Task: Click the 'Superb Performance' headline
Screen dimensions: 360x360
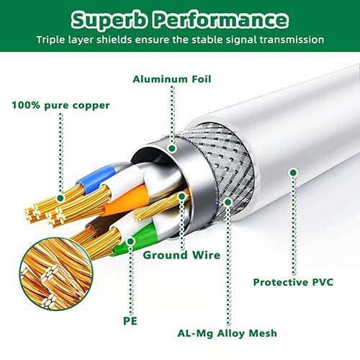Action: pos(180,19)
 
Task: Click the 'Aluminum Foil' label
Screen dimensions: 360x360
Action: pos(172,79)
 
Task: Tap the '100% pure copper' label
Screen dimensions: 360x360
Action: pos(60,106)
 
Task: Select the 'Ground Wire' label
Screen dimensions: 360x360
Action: pos(181,255)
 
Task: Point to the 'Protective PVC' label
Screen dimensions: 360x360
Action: pos(293,282)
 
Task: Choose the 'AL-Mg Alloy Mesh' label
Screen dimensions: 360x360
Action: pos(227,333)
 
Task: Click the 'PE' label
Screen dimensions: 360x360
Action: pos(130,321)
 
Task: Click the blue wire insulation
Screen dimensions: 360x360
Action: pos(96,178)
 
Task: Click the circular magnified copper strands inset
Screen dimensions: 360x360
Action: pos(55,274)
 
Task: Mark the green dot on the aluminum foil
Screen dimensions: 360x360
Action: pos(172,148)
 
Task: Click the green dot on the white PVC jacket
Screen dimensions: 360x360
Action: pos(293,173)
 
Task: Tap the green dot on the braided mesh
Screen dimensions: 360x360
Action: pos(228,202)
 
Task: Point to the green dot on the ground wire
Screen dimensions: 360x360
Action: pos(182,197)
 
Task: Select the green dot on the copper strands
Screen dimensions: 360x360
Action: pos(60,198)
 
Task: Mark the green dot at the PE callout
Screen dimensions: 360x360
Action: pos(130,241)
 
